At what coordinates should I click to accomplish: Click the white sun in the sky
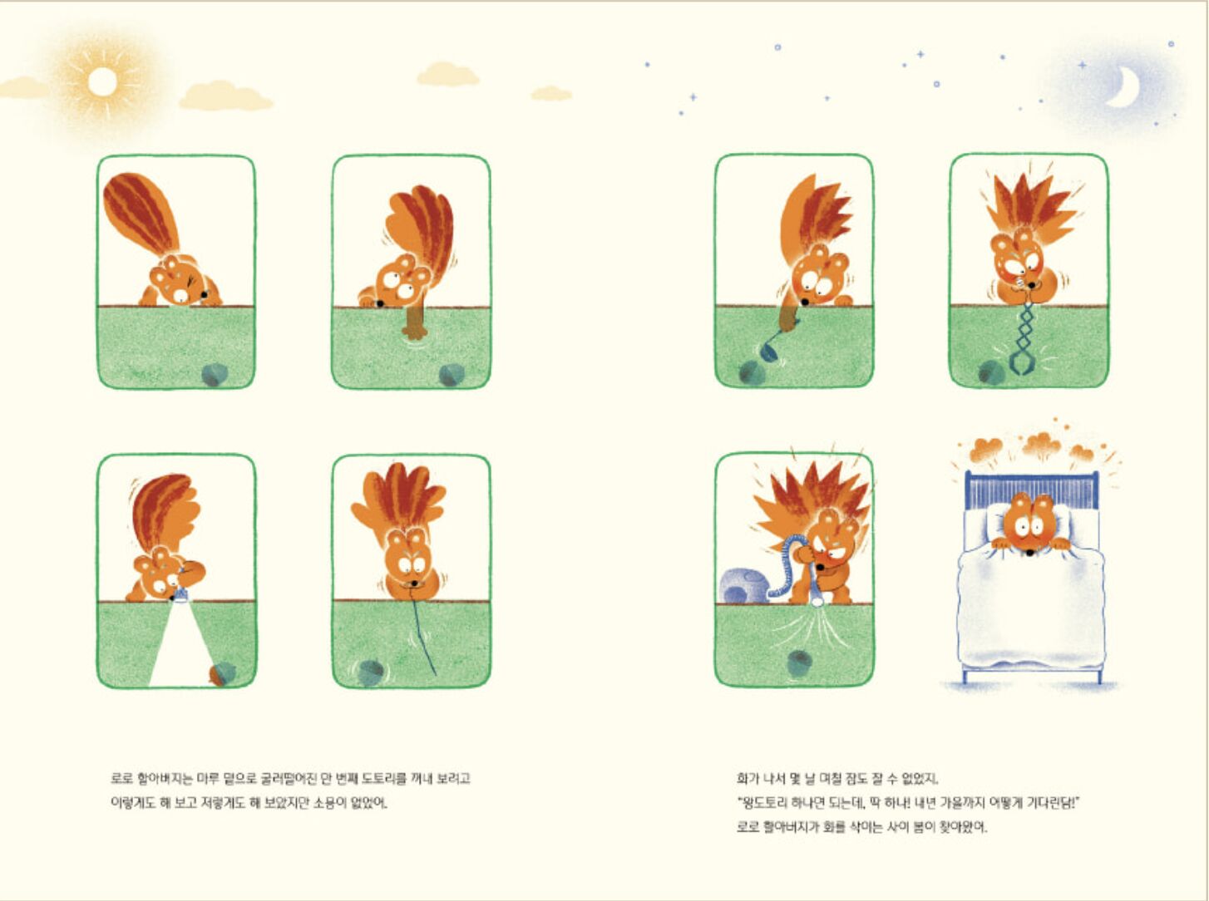[102, 82]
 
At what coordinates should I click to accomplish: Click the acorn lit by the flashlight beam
[223, 674]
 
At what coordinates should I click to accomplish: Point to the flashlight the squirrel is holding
[180, 593]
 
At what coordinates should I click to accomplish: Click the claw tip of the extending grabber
[1022, 364]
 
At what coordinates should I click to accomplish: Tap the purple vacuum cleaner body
[743, 586]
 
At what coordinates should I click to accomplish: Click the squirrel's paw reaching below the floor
[413, 325]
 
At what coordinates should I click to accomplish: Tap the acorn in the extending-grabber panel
[991, 372]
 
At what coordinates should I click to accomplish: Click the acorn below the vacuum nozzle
[800, 663]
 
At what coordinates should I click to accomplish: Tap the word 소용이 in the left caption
[329, 804]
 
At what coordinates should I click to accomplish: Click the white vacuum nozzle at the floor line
[816, 600]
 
